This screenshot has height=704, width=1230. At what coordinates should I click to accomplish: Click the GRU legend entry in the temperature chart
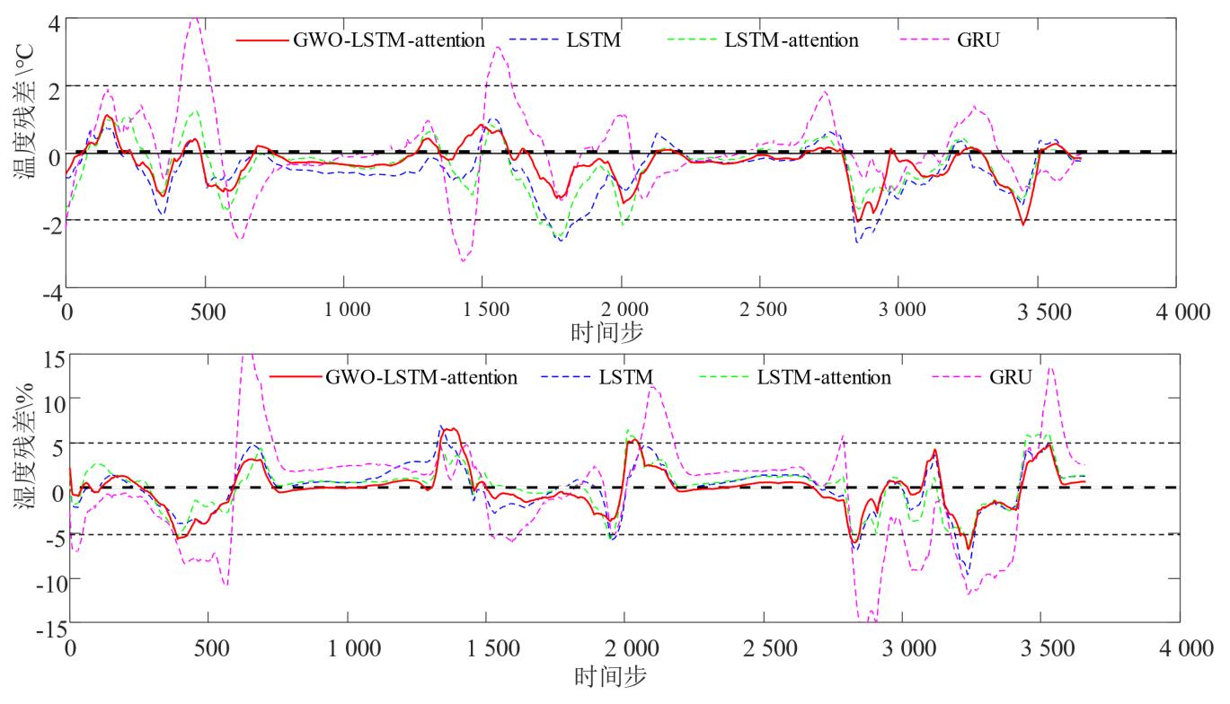click(x=979, y=40)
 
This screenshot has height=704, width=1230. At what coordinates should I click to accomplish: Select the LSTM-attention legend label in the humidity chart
click(x=823, y=376)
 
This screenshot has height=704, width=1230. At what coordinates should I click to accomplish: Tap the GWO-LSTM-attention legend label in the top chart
click(x=389, y=40)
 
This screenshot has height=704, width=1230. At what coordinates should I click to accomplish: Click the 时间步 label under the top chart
click(x=606, y=334)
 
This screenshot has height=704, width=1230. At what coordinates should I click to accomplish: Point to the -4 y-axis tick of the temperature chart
click(x=52, y=293)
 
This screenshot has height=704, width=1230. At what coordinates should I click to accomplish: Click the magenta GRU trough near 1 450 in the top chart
click(x=464, y=260)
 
